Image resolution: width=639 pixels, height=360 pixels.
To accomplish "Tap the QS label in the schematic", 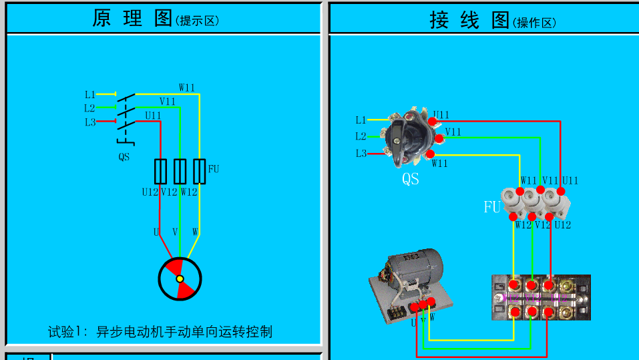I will [124, 158].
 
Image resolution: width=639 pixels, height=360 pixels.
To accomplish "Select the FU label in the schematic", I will [214, 169].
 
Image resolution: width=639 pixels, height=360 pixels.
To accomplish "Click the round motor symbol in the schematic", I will [180, 279].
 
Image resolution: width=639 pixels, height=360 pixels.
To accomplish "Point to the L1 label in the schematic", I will [90, 95].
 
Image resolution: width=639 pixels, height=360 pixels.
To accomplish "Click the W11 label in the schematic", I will [187, 87].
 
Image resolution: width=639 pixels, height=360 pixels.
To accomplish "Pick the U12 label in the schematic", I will [150, 192].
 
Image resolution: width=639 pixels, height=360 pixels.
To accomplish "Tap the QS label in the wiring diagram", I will [411, 179].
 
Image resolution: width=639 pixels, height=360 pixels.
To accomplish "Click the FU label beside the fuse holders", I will [491, 208].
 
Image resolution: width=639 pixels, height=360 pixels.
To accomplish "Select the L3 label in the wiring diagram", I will [361, 154].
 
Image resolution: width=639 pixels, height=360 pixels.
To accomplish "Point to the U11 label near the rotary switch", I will [441, 115].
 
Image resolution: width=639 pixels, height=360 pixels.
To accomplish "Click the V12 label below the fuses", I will [543, 225].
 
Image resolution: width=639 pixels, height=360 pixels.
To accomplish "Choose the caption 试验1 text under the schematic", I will [160, 332].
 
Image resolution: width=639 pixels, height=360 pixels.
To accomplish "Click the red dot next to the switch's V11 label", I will [439, 138].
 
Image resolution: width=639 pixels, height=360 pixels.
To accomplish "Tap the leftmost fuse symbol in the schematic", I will [160, 172].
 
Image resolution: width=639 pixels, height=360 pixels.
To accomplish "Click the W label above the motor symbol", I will [196, 232].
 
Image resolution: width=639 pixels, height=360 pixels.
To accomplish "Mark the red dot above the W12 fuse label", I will [513, 216].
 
